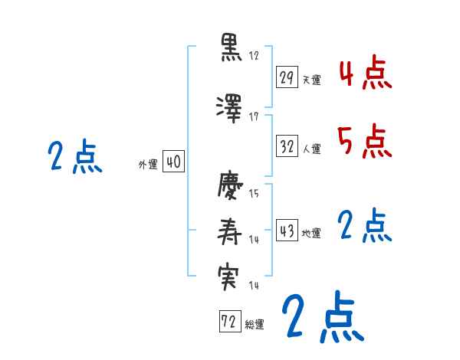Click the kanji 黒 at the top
(230, 47)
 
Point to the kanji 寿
(230, 231)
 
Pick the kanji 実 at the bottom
(230, 276)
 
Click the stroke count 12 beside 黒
(255, 57)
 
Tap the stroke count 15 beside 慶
(255, 194)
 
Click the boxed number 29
(287, 77)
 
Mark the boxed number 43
(287, 231)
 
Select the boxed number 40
(173, 162)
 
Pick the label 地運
(312, 234)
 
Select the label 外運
(147, 165)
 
